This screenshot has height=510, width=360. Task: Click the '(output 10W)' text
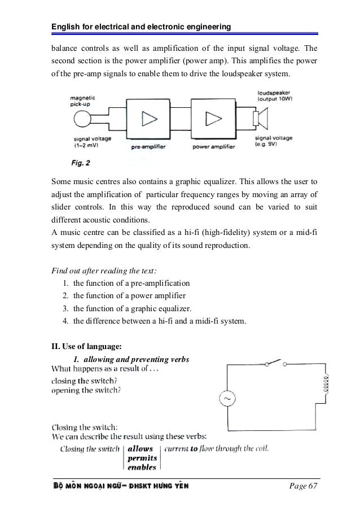tap(279, 99)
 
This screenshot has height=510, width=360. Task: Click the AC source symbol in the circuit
tap(229, 399)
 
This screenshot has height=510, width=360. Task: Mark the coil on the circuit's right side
tap(326, 383)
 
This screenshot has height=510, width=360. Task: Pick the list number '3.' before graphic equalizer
tap(66, 308)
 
